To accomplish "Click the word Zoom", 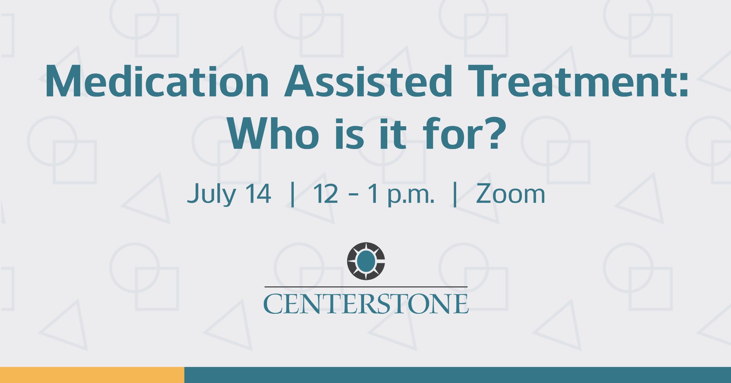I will click(510, 194).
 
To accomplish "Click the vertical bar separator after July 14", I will click(293, 194).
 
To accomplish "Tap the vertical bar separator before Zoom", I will click(455, 194).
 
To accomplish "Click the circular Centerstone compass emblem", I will click(366, 261).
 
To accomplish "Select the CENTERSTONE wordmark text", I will click(366, 304).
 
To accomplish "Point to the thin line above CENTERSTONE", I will click(366, 287).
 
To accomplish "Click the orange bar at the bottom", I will click(92, 375).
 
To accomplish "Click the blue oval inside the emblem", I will click(366, 261).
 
